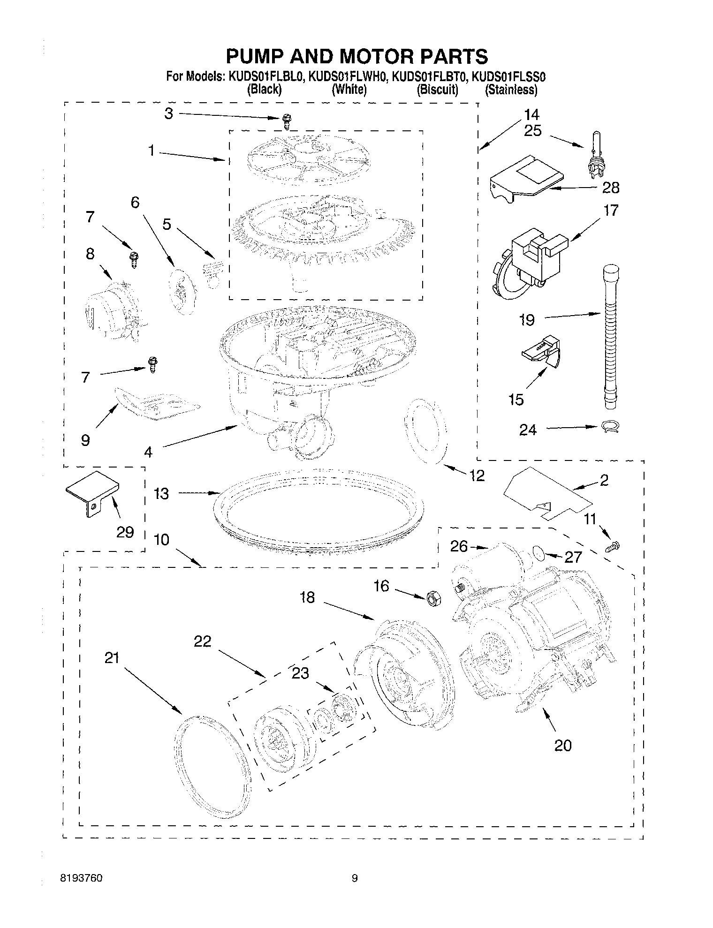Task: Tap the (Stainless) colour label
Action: [511, 90]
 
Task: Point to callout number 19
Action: [527, 320]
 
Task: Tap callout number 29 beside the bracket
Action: [124, 532]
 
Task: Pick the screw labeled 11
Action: [613, 546]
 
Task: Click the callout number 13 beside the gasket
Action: [161, 493]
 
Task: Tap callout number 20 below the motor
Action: [563, 745]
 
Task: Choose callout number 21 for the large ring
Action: [112, 658]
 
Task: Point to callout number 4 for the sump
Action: [148, 452]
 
